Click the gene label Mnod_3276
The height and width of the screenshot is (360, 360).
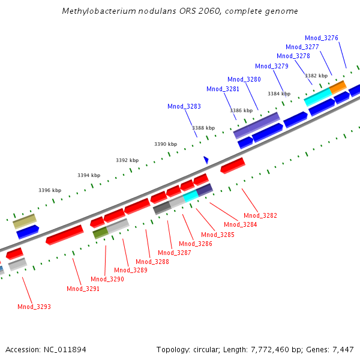coord(322,38)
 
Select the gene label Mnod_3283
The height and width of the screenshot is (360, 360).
coord(184,106)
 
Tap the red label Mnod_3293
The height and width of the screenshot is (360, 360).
coord(34,307)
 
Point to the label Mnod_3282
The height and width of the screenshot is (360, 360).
coord(260,215)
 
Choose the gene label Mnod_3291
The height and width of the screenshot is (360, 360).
coord(83,289)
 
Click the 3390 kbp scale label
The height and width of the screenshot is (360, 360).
coord(166,144)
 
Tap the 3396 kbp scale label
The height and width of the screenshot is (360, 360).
coord(50,190)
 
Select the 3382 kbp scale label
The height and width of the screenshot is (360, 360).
coord(316,76)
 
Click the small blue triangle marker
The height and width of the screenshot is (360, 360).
coord(206,160)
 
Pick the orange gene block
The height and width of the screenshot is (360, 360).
coord(338,87)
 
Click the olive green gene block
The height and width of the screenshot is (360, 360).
coord(100,233)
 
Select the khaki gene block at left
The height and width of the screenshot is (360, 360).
coord(24,221)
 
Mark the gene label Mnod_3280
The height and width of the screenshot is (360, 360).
coord(244,79)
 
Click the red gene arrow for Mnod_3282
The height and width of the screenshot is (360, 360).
coord(232,166)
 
